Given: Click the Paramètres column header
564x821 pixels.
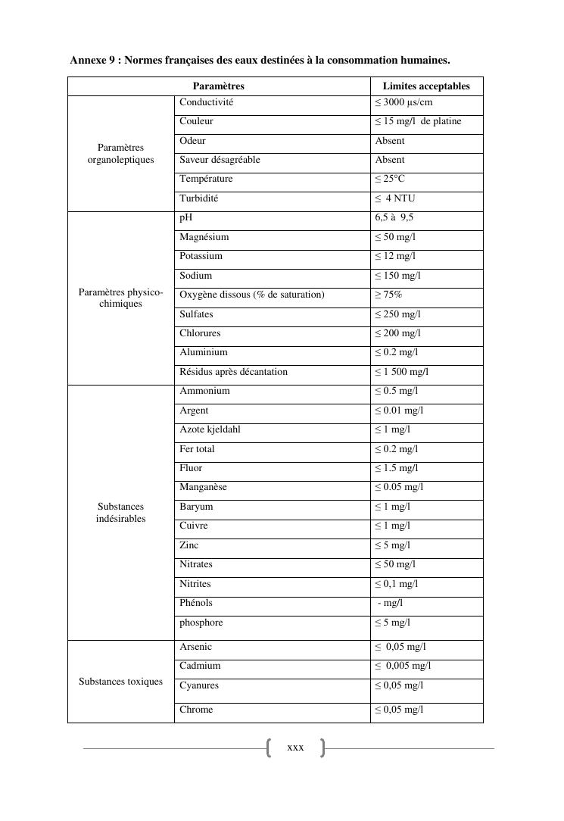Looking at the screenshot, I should point(218,86).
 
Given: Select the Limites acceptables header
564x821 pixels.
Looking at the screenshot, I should point(426,86).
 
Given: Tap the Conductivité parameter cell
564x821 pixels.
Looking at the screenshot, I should point(207,102).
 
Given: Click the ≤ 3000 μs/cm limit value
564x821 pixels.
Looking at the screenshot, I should point(404,102).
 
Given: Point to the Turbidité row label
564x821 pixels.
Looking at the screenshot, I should point(199,198).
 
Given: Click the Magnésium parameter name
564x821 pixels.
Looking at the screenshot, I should point(204,237).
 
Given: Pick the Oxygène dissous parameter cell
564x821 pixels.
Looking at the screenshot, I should point(252,295).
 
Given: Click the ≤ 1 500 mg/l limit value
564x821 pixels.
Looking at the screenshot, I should point(402,372).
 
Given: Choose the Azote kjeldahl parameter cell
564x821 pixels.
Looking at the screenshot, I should point(210,429).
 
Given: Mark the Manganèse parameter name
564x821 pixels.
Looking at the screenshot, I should point(203,487).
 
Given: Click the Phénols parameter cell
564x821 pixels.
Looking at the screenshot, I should point(196,603).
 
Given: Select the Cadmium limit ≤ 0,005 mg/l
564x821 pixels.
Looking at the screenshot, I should point(403,666).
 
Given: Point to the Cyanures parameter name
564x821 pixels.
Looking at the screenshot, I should point(199,685).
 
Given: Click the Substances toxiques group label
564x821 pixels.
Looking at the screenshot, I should point(121,682).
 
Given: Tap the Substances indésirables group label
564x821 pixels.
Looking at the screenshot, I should point(121,513).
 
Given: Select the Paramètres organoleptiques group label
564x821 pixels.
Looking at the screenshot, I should point(121,154).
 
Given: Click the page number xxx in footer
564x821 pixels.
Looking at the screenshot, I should point(295,748).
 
